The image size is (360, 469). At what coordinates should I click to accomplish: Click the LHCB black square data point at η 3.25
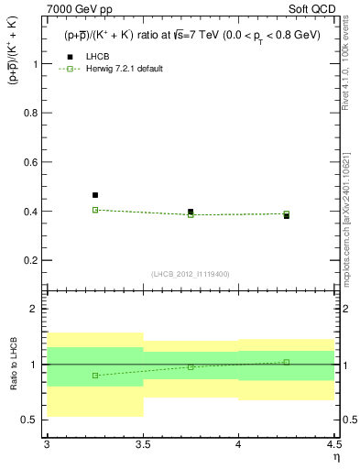pos(95,195)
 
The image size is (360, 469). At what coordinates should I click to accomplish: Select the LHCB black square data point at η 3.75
pos(191,212)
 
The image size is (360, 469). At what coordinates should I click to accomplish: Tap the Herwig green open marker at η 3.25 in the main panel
pos(95,210)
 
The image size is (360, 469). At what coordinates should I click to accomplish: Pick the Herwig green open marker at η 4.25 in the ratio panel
pos(286,362)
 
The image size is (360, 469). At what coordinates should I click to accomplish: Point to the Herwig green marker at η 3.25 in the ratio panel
pos(95,376)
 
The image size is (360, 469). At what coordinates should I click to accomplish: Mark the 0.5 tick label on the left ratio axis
pos(29,420)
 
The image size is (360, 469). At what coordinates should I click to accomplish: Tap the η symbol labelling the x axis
pos(335,455)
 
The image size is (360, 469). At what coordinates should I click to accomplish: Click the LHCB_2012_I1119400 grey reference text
pos(191,274)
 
